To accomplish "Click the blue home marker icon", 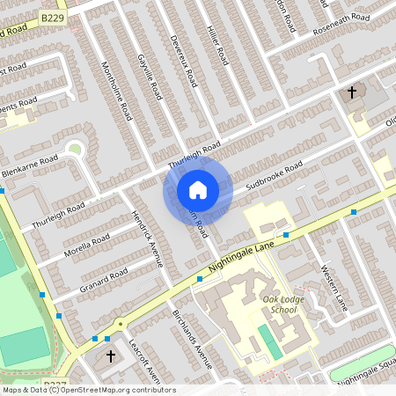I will (197, 190).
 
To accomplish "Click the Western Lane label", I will (334, 286).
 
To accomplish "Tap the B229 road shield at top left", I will (53, 18).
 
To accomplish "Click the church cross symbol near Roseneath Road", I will (352, 92).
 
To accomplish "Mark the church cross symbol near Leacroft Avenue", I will (111, 356).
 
